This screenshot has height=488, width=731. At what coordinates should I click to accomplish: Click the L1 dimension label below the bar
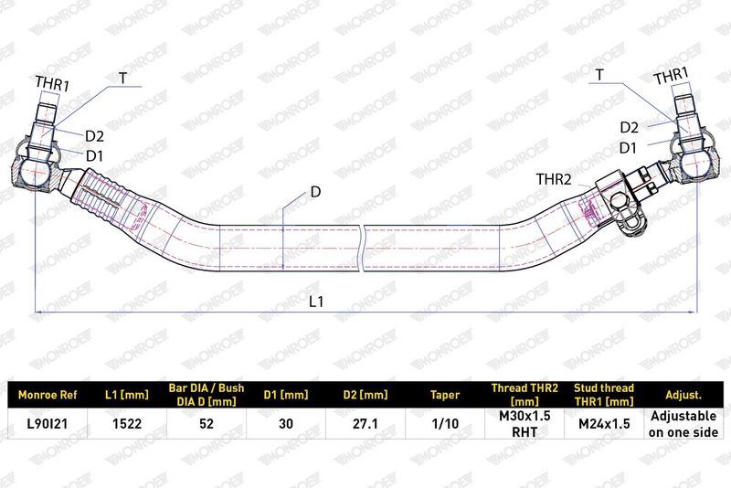point(315,302)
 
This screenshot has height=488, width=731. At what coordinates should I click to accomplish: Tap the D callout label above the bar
point(315,192)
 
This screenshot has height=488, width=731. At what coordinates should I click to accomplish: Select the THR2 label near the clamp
point(554,179)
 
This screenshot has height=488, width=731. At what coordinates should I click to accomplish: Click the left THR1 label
point(52,84)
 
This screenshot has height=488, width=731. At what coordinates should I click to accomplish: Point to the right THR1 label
point(671,76)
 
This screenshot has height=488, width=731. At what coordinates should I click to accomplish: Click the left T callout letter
point(122,78)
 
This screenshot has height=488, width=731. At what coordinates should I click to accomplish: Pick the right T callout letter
point(599,75)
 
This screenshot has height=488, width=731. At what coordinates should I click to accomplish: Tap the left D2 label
point(94,136)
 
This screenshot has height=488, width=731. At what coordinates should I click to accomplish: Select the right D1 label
point(628,148)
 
